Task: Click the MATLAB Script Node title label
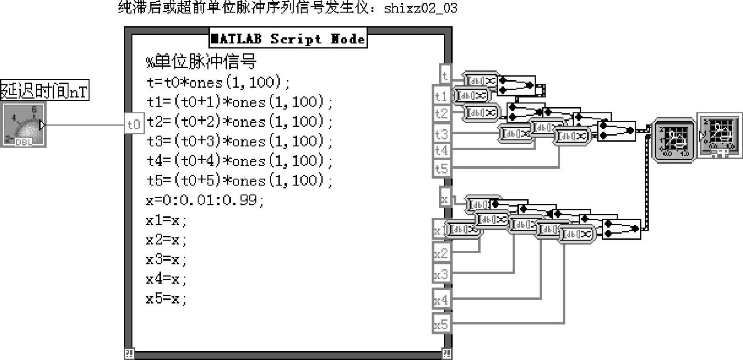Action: click(x=288, y=39)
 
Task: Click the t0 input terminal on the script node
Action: click(x=134, y=124)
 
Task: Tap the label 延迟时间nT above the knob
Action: click(x=44, y=90)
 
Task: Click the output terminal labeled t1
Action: click(x=441, y=96)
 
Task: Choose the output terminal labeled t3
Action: click(x=441, y=134)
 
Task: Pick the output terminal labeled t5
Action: click(x=441, y=168)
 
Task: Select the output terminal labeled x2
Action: click(x=441, y=253)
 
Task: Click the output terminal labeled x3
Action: click(x=441, y=274)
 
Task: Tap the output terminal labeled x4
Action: click(x=441, y=299)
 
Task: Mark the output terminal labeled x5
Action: click(x=441, y=324)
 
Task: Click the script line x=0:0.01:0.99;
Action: click(x=205, y=200)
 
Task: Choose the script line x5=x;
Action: click(x=166, y=298)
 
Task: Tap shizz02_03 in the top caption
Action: click(x=420, y=8)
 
